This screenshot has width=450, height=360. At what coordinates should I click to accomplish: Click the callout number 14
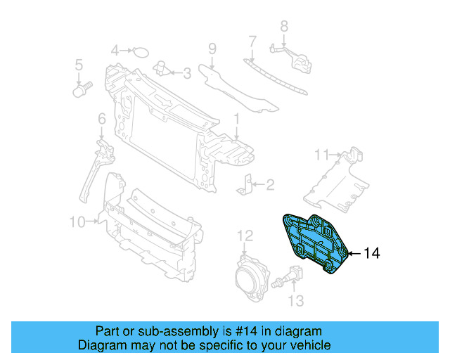pos(372,253)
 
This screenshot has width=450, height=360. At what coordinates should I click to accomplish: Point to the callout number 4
pos(115,50)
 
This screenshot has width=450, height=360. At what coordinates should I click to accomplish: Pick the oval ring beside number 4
pos(141,51)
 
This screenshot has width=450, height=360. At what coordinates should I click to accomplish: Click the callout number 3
pos(186,72)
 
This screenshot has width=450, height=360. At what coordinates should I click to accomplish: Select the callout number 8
pos(284,26)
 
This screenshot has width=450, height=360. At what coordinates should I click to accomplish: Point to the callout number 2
pos(270,185)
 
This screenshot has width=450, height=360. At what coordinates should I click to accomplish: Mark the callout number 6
pos(101,118)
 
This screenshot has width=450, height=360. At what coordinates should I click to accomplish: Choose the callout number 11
pos(322,154)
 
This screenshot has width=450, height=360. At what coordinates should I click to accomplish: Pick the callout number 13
pos(296,301)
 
